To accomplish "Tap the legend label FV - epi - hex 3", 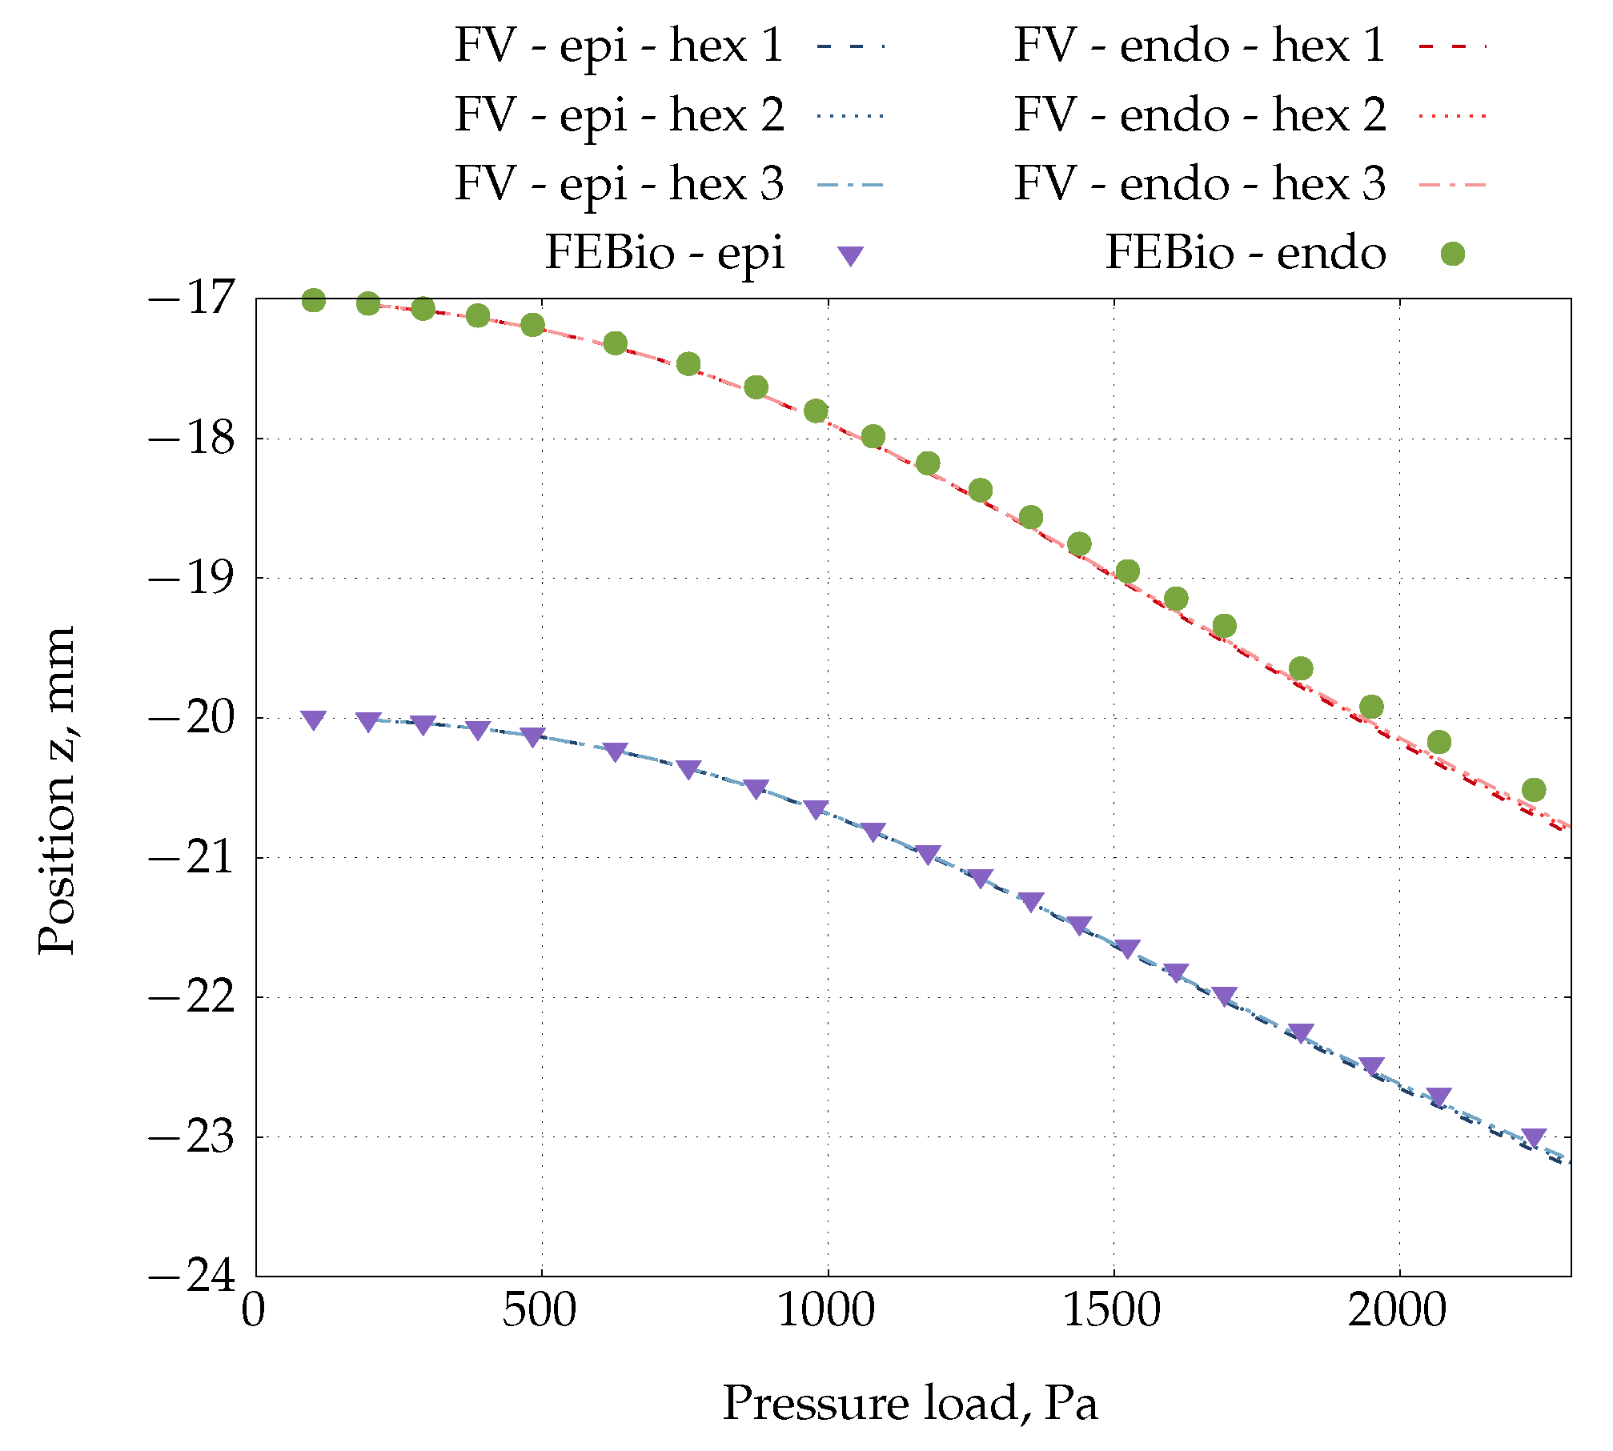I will tap(619, 184).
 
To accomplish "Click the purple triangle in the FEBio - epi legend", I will tap(850, 256).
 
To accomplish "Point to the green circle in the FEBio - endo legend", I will tap(1452, 255).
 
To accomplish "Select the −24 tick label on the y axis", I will tap(191, 1276).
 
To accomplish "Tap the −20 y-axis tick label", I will tap(191, 718).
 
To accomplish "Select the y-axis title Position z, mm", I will tap(58, 790).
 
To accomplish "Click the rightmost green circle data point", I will tap(1534, 790).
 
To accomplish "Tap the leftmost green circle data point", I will tap(314, 301).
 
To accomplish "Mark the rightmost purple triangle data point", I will tap(1534, 1136).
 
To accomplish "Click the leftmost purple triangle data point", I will tap(314, 719).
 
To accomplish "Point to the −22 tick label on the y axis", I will tap(191, 997).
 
